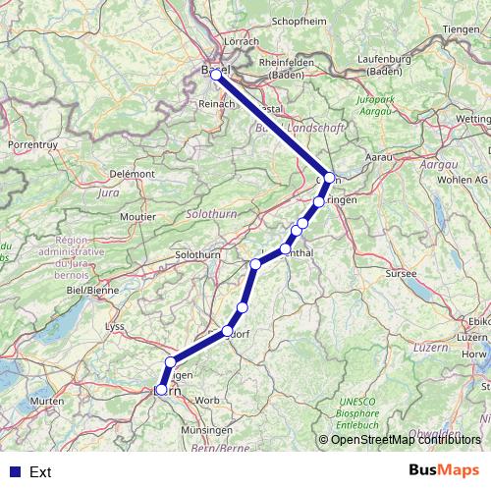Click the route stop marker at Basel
click(x=216, y=75)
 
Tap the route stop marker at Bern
click(x=161, y=390)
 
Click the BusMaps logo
click(x=445, y=471)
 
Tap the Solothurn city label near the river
click(x=196, y=255)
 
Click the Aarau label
click(x=379, y=157)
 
